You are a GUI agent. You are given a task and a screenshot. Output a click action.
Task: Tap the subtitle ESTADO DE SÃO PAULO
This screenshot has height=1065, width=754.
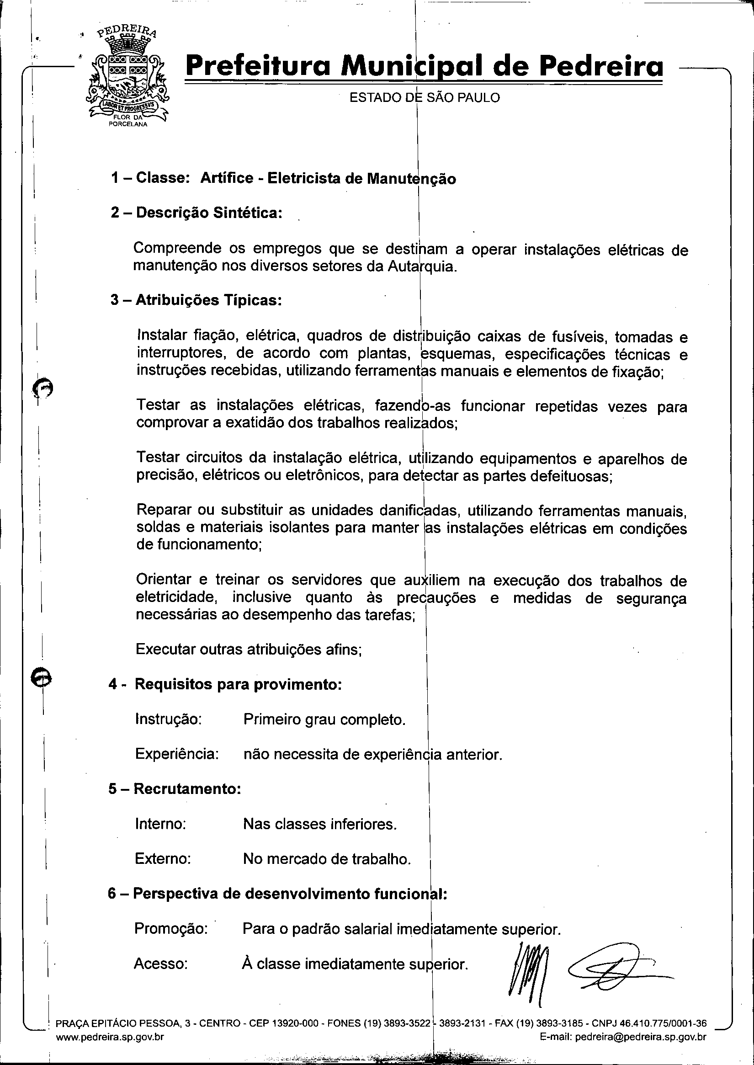424,97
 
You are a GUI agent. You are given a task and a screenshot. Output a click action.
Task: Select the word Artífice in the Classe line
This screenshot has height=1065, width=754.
227,178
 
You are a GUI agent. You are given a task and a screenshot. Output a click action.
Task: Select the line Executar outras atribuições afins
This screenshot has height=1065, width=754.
249,649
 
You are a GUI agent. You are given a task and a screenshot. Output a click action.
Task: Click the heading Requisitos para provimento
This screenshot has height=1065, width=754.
238,684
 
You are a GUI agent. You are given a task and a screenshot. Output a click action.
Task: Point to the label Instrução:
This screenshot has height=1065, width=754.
168,719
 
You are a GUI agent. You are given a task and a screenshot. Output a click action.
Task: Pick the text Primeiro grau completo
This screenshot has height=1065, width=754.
324,719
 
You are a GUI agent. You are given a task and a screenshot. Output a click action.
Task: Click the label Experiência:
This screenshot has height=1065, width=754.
177,754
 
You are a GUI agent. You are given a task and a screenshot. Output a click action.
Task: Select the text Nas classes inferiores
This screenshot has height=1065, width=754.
320,824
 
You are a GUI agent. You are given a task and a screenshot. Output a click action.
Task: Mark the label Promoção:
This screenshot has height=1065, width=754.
170,928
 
